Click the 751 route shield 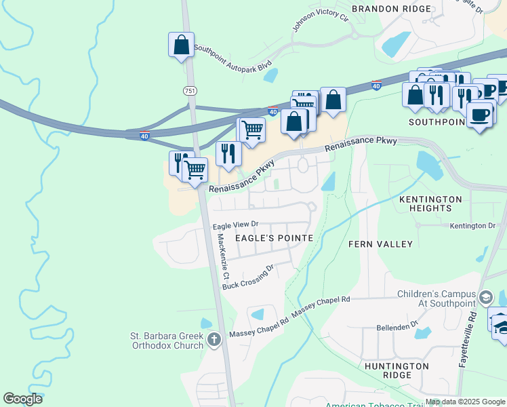tap(189, 90)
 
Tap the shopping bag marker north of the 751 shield tap(181, 45)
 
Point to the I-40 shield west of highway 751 tap(145, 136)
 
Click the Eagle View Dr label tap(236, 224)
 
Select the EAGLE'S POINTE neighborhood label tap(274, 238)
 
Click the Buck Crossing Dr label tap(248, 276)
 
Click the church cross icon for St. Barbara tap(214, 339)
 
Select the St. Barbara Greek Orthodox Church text tap(167, 341)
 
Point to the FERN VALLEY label tap(380, 244)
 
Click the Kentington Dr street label tap(472, 225)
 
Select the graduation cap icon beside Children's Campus tap(485, 298)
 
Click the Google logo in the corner tap(23, 399)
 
